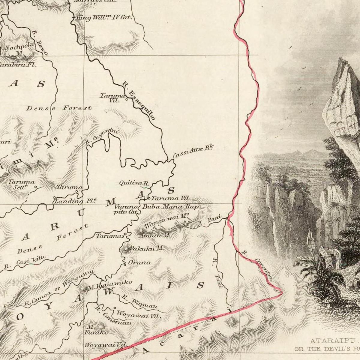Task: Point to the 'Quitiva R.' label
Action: click(x=134, y=183)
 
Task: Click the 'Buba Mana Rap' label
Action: click(x=170, y=207)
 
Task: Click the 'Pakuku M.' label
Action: click(x=146, y=248)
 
